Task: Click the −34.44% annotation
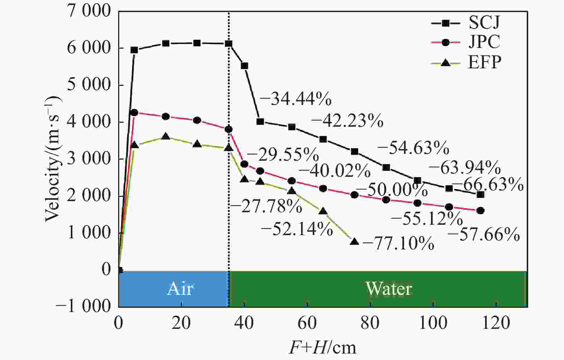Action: click(295, 99)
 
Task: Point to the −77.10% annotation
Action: click(398, 244)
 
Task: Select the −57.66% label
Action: click(483, 235)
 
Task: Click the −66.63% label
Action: click(488, 185)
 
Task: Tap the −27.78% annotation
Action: click(266, 206)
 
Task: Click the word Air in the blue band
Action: click(180, 289)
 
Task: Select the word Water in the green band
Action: click(389, 289)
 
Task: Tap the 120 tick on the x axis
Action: click(496, 323)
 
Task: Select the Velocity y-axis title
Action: click(53, 159)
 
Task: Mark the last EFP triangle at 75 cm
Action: click(355, 242)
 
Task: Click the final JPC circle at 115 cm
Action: click(481, 211)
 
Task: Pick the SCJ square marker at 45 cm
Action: click(260, 122)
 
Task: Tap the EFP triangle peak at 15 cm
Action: click(165, 137)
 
